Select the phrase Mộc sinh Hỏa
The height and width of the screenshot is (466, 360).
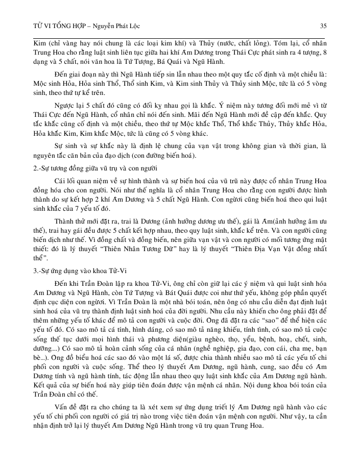(x=50, y=83)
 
